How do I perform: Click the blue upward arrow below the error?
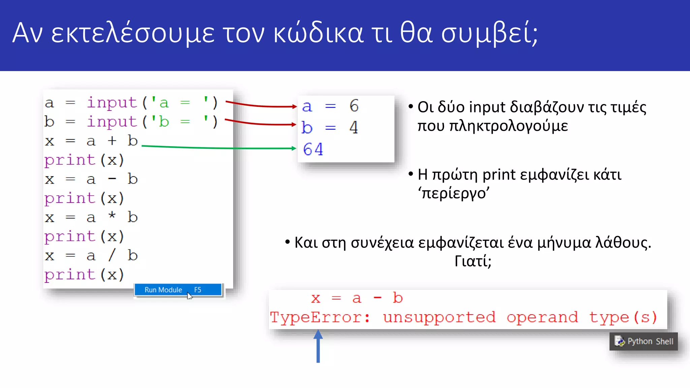tap(318, 347)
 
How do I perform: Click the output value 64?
tap(313, 149)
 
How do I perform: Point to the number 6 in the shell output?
tap(354, 106)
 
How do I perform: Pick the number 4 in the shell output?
tap(354, 128)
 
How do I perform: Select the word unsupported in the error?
tap(439, 318)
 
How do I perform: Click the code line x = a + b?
tap(91, 141)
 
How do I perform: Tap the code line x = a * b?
tap(91, 217)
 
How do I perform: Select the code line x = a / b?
tap(91, 256)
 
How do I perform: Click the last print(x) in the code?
tap(84, 275)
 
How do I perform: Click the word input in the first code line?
tap(112, 102)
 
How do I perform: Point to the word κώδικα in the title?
tap(318, 34)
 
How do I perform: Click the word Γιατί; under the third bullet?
tap(473, 261)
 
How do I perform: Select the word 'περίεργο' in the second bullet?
tap(453, 193)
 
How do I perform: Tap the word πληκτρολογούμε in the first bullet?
tap(493, 126)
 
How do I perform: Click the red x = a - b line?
tap(357, 298)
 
